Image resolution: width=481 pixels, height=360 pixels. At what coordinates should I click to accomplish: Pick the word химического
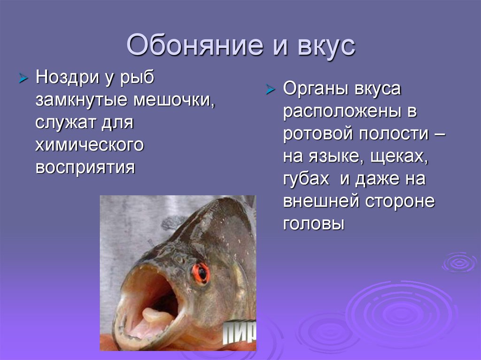pos(89,145)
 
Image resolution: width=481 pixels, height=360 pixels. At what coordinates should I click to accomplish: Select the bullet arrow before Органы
pos(270,90)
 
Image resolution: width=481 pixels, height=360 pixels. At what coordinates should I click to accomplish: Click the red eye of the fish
pos(201,273)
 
